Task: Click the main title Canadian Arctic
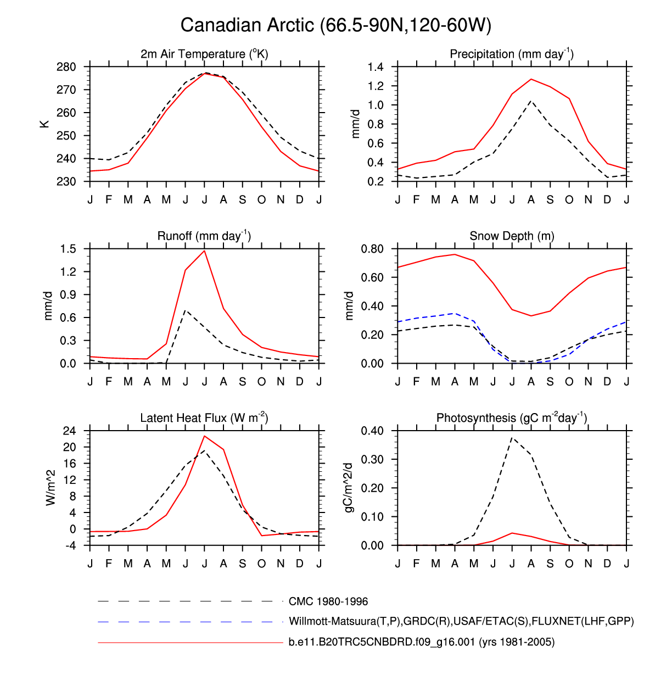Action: [335, 25]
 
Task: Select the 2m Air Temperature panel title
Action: [204, 54]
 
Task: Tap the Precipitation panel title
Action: [511, 54]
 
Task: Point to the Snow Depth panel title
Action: [512, 236]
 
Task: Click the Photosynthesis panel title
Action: [511, 418]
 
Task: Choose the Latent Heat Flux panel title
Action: [204, 418]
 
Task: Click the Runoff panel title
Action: [204, 236]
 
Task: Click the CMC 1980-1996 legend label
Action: [328, 601]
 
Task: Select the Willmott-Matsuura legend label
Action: [461, 621]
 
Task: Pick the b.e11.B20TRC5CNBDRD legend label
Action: [422, 642]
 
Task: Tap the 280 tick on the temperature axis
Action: [66, 67]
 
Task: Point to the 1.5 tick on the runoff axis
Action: [69, 249]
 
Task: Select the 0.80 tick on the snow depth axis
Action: [372, 249]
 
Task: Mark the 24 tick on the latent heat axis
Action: [70, 431]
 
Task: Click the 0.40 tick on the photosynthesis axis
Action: [372, 431]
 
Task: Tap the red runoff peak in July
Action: [204, 251]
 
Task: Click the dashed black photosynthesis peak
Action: [512, 438]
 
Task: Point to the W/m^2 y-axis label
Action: [51, 488]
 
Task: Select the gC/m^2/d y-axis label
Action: [349, 488]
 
